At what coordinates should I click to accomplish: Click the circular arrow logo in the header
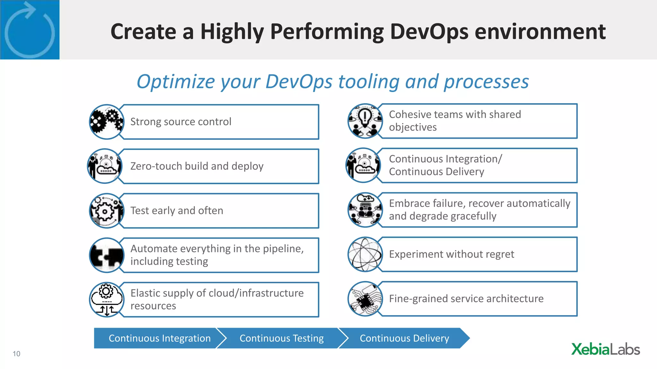(30, 30)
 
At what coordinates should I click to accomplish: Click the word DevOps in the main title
(429, 32)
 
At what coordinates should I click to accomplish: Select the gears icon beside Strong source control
(107, 122)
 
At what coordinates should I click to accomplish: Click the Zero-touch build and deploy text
(197, 166)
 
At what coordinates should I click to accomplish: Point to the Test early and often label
(176, 210)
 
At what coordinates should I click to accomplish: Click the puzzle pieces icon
(107, 255)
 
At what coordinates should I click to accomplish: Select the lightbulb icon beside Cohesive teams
(365, 121)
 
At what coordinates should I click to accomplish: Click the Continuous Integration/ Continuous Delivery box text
(445, 165)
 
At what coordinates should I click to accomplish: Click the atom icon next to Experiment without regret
(365, 254)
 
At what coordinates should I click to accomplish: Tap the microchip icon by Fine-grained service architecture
(365, 299)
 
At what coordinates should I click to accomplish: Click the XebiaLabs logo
(605, 349)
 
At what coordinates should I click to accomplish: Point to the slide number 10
(16, 354)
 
